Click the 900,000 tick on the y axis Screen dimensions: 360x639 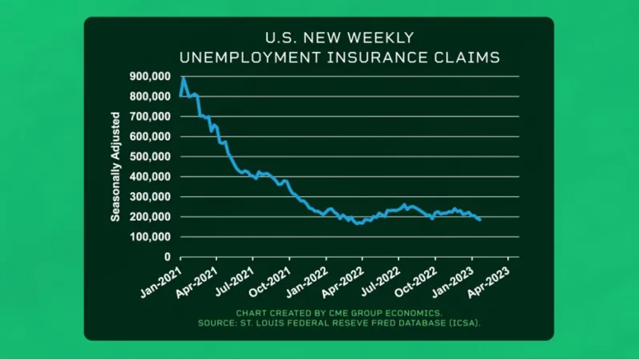tap(151, 77)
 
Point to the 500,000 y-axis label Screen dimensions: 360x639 tap(151, 156)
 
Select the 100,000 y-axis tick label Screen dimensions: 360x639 tap(151, 237)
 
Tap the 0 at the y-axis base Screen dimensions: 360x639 tap(166, 257)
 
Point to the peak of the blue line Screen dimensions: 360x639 tap(184, 78)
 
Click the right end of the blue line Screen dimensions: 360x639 tap(479, 220)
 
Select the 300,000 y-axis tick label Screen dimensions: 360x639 tap(151, 196)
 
